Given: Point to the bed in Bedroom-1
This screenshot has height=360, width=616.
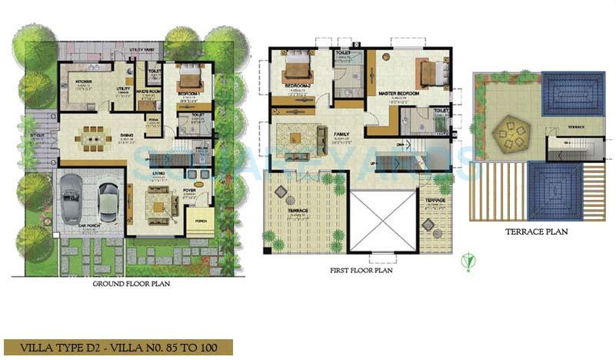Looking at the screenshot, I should (x=188, y=78).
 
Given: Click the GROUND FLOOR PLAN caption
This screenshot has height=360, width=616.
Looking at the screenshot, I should (x=132, y=284).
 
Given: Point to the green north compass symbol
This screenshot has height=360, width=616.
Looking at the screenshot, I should (x=466, y=262).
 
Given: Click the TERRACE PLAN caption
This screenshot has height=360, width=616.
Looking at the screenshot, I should (x=536, y=231).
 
